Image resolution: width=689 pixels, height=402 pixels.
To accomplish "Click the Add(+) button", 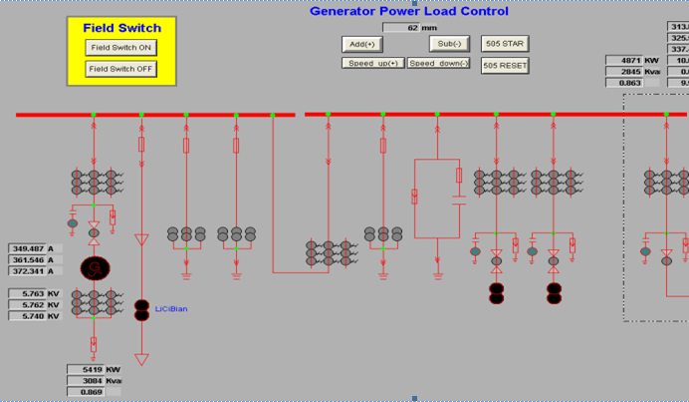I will (x=361, y=44).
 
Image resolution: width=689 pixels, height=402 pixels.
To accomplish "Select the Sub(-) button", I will (x=449, y=44).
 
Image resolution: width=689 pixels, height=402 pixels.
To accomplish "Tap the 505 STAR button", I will (x=505, y=44).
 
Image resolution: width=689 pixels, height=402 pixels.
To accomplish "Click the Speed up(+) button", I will (x=373, y=63).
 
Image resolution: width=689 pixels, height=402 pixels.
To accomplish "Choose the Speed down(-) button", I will (x=438, y=63).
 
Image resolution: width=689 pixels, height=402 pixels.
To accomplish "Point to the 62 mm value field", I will (x=408, y=28).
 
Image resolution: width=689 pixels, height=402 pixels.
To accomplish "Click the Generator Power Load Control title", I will (x=408, y=11).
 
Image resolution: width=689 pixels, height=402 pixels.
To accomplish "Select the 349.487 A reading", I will (x=36, y=248).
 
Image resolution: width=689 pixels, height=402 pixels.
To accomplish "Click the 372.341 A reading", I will (x=36, y=271).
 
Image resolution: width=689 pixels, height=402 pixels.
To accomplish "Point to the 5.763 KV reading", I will (x=36, y=294).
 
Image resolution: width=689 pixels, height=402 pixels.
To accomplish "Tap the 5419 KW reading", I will (x=92, y=369).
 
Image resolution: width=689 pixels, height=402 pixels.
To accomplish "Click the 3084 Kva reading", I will (x=92, y=380).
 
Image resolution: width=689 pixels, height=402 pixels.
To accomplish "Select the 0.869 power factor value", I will (x=92, y=391).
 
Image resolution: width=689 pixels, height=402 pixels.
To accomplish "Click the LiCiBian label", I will (x=171, y=309).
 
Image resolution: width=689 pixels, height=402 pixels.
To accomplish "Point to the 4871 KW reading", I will (x=629, y=61).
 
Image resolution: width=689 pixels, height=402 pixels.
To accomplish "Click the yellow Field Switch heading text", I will (x=121, y=28).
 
